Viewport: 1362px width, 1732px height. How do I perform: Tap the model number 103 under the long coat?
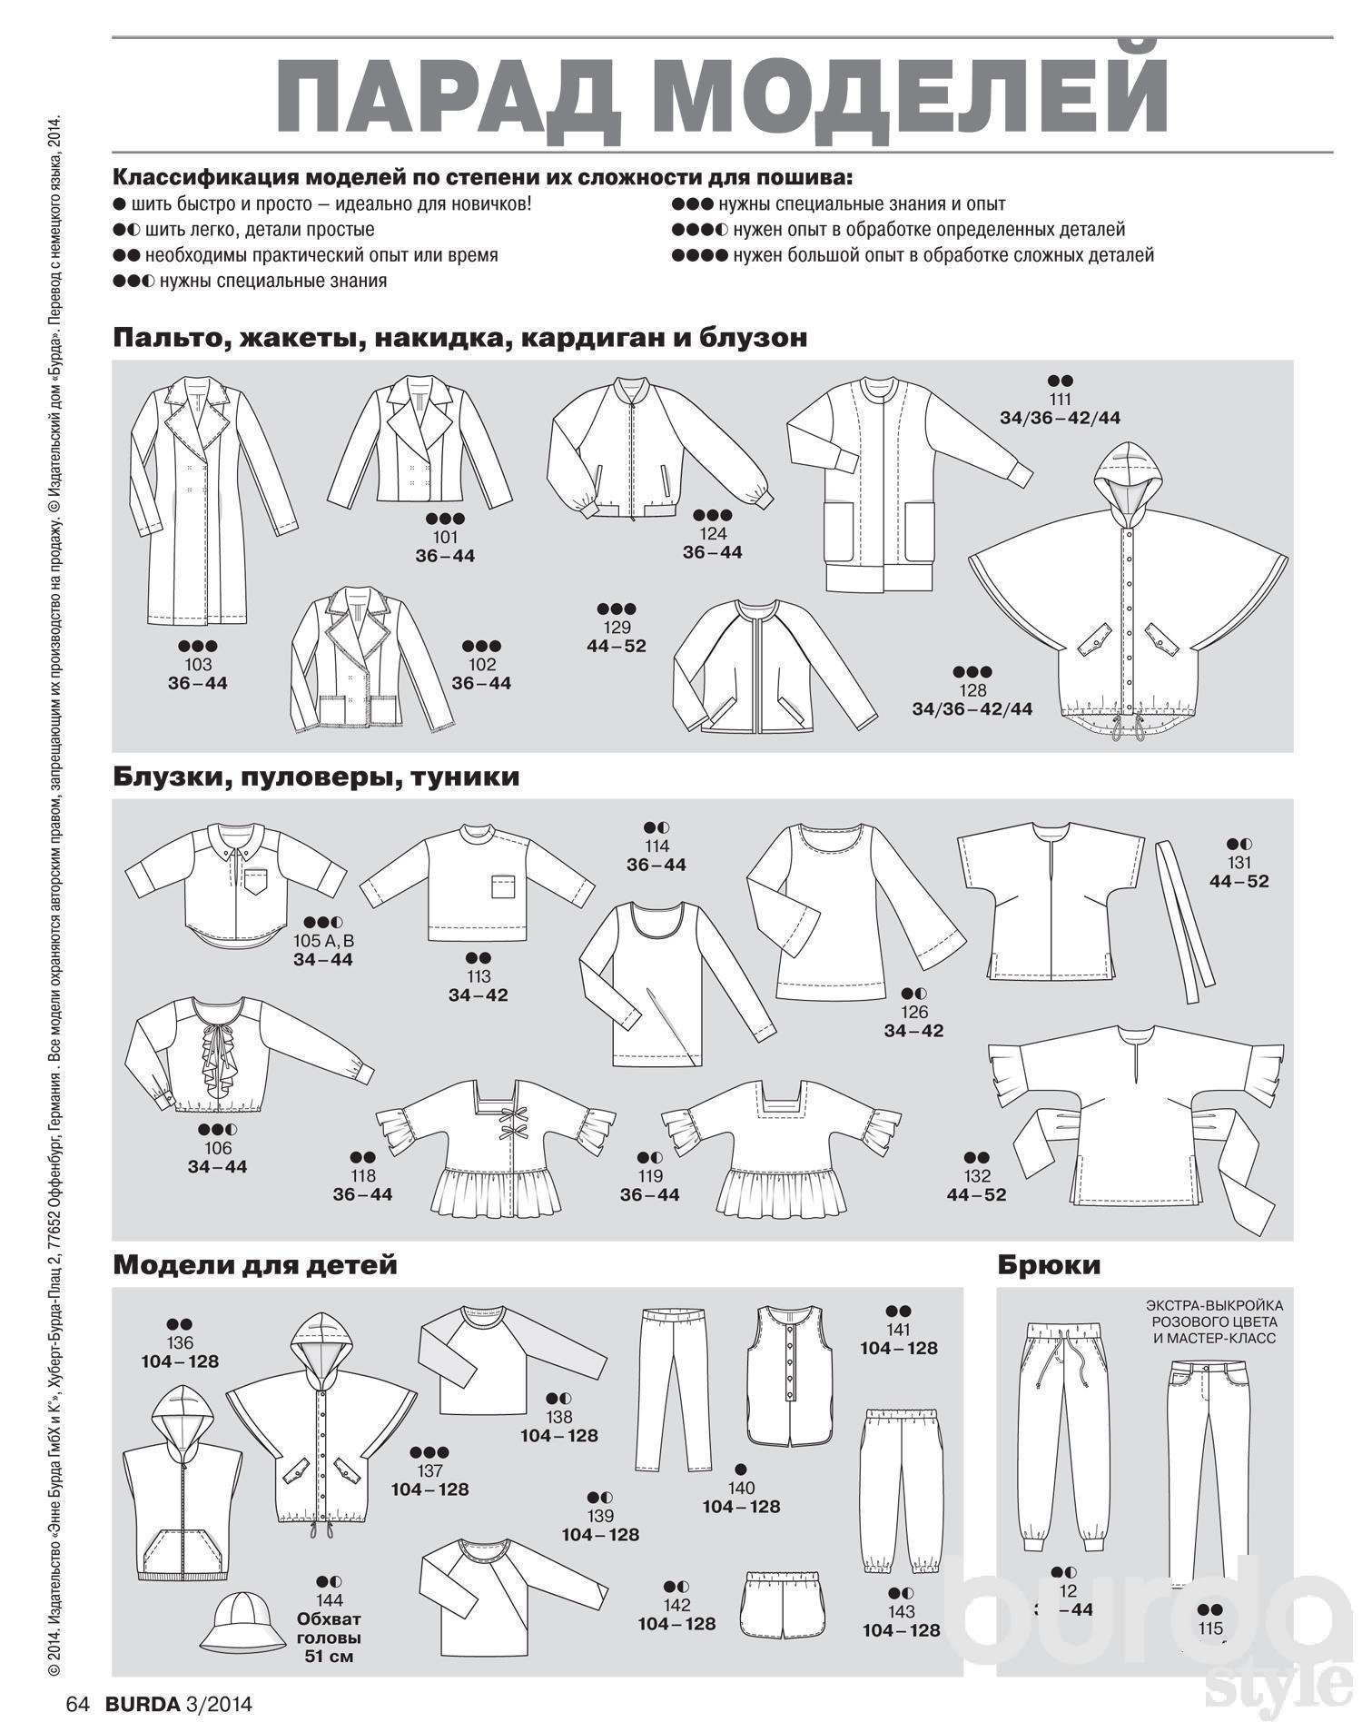tap(198, 665)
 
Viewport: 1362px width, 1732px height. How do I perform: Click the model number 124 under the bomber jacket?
tap(713, 534)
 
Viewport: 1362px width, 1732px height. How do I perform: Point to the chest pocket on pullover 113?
tap(502, 886)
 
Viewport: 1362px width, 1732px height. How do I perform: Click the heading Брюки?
tap(1049, 1264)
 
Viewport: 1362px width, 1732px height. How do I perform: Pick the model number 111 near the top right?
tap(1060, 400)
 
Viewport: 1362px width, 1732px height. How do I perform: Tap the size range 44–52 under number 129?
tap(617, 647)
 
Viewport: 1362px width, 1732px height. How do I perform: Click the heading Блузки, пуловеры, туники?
tap(316, 777)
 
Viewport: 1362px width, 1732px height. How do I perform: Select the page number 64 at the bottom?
tap(76, 1704)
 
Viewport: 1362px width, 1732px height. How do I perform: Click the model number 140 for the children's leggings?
tap(741, 1488)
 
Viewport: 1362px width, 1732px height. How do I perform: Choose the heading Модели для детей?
tap(255, 1264)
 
